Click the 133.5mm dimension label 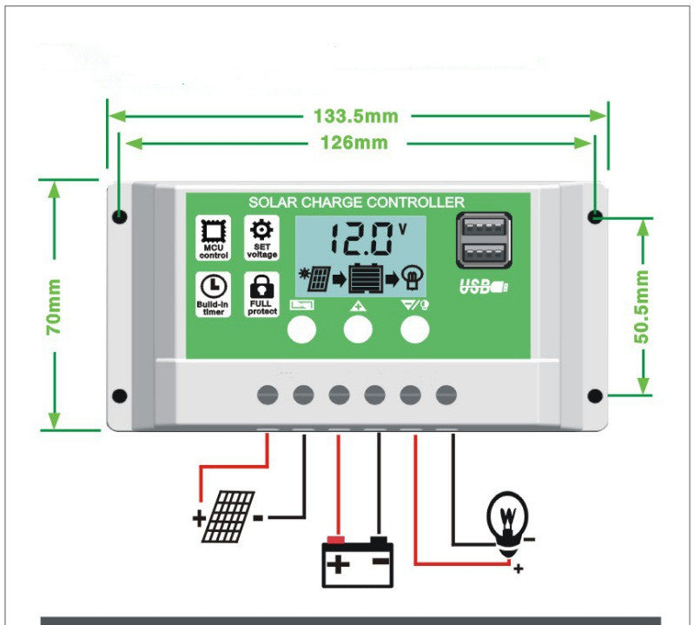tap(355, 116)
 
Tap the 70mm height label tap(54, 307)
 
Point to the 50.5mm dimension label tap(642, 307)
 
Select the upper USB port tap(483, 229)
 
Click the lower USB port tap(483, 255)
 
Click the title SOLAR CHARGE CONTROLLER tap(356, 202)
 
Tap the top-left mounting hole tap(119, 216)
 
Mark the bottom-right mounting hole tap(595, 396)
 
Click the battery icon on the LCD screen tap(364, 278)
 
